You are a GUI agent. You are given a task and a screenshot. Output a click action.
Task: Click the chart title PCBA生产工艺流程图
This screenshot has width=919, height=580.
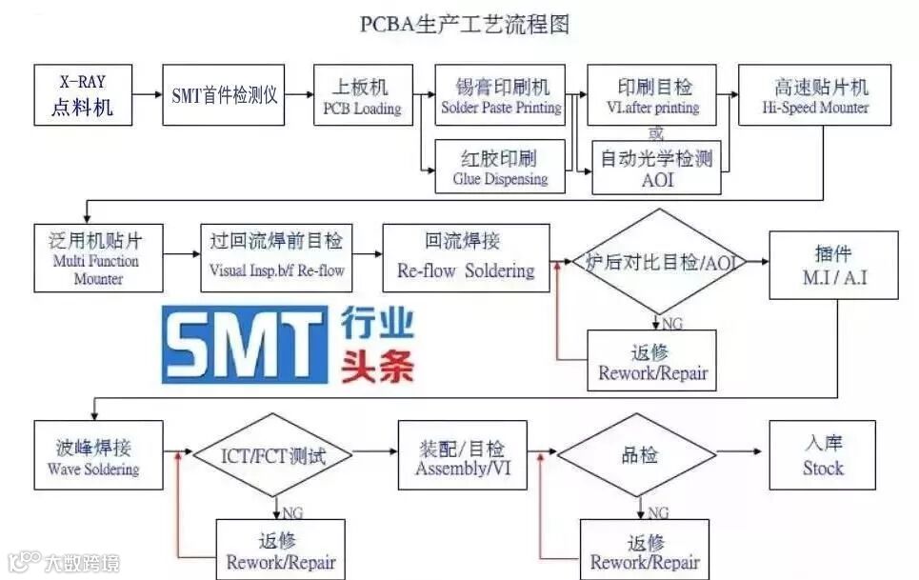(x=464, y=24)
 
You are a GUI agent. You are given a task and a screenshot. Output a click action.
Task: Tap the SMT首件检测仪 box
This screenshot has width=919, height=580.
(x=225, y=95)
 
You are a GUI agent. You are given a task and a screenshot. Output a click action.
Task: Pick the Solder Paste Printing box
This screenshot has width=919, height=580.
(x=501, y=95)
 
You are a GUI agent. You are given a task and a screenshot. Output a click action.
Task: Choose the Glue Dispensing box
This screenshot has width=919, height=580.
(x=500, y=167)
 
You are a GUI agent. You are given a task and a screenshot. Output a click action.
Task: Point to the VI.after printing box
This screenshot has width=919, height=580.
(x=652, y=95)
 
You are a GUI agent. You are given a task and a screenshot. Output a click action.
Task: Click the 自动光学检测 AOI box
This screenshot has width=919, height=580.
(x=656, y=168)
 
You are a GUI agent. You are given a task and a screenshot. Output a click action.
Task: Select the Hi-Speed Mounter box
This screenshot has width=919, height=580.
(x=815, y=95)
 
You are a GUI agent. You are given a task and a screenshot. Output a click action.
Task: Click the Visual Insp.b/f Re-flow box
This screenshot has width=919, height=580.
(x=276, y=257)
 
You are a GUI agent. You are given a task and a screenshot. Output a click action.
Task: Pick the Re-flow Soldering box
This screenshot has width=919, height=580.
(x=466, y=257)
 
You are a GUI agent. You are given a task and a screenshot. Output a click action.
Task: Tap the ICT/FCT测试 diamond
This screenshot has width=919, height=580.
(x=274, y=455)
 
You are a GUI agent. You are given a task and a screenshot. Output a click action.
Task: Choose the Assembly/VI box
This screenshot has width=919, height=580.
(x=462, y=455)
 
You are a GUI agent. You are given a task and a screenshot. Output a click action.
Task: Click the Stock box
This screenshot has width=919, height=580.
(x=823, y=455)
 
